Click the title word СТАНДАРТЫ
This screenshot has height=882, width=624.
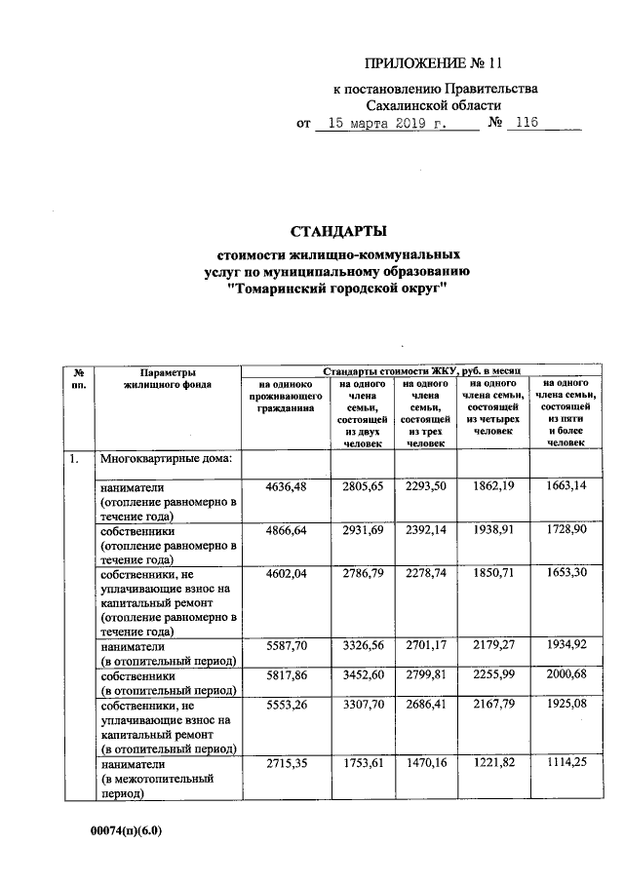[332, 232]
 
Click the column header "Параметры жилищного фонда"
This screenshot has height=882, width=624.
[168, 378]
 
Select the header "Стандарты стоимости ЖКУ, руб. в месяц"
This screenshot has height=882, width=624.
[421, 372]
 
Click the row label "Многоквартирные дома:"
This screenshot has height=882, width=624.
[163, 460]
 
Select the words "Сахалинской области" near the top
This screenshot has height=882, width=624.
[435, 104]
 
